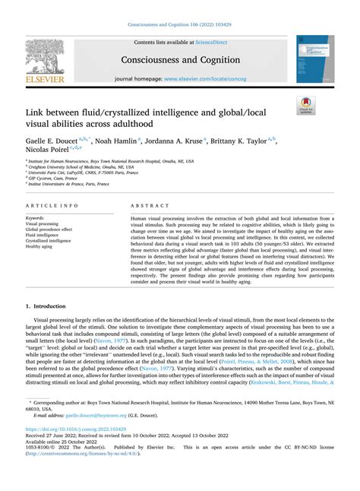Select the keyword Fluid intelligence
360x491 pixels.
(43, 235)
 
